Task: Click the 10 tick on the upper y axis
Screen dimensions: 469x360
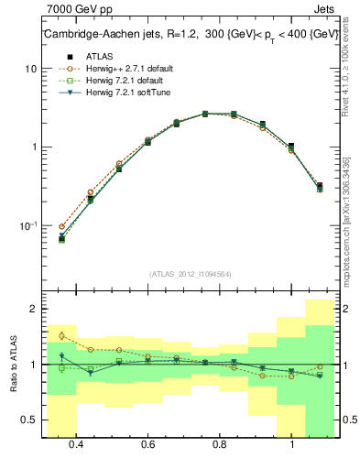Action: click(30, 69)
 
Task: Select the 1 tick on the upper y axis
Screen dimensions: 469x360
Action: click(33, 147)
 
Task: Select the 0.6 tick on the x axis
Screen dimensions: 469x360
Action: click(148, 444)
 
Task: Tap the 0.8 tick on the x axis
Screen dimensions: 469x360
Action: click(220, 444)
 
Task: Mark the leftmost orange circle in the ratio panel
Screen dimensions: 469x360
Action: click(61, 336)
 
